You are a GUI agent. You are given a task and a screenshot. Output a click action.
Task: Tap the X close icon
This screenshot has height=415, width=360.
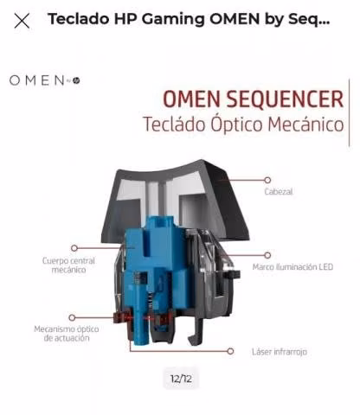tap(22, 21)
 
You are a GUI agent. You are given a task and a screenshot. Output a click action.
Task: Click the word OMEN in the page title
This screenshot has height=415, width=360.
tap(235, 19)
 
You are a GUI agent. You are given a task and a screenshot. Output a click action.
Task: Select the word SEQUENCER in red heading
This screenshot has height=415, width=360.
tap(285, 99)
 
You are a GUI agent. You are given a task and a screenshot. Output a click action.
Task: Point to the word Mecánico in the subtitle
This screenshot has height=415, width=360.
tap(305, 124)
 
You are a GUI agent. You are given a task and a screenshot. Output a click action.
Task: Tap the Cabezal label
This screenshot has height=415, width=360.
tap(279, 192)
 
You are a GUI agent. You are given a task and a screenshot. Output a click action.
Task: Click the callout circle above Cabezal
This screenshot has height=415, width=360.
tap(267, 180)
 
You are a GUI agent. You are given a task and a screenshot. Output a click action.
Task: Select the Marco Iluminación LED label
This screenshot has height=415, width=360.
tap(292, 267)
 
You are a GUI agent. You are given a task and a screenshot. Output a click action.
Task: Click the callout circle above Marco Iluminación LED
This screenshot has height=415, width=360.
tap(267, 255)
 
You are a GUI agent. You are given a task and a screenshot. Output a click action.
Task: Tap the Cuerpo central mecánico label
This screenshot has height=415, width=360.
tap(68, 265)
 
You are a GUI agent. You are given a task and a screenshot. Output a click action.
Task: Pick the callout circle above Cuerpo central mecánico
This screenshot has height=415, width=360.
tap(74, 248)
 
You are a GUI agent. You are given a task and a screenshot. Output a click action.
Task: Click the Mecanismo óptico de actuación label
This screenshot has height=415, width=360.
tap(67, 334)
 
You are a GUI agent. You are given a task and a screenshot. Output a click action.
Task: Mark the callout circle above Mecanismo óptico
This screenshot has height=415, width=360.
tap(72, 317)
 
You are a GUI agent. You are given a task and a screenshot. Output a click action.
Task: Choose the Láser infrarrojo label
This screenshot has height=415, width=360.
tap(280, 352)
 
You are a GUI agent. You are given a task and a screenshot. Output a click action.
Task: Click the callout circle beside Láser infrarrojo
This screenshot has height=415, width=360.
tap(230, 351)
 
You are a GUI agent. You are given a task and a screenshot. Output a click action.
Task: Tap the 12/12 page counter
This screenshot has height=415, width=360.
tap(181, 379)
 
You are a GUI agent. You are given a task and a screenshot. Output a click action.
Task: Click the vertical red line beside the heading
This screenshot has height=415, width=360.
tap(349, 112)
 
